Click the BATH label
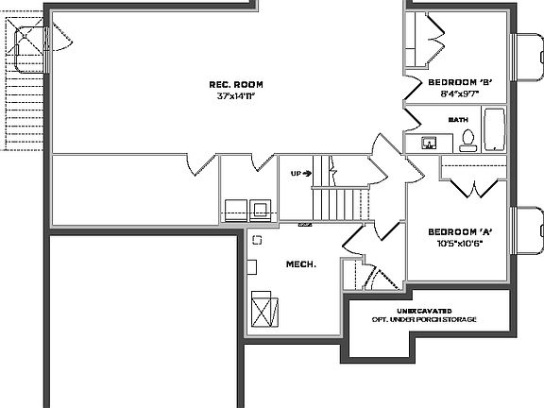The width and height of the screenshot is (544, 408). click(x=458, y=120)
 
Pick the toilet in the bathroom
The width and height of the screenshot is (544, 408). click(x=467, y=142)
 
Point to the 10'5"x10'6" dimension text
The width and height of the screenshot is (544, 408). click(x=460, y=243)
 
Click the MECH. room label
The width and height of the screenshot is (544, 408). click(x=300, y=263)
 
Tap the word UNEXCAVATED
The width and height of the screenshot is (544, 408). click(x=423, y=311)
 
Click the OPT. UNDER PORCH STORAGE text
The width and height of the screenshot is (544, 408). click(x=423, y=320)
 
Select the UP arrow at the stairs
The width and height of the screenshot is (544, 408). click(x=301, y=174)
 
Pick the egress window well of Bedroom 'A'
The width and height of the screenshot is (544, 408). click(x=526, y=231)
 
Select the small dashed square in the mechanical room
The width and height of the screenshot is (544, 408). click(x=254, y=239)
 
